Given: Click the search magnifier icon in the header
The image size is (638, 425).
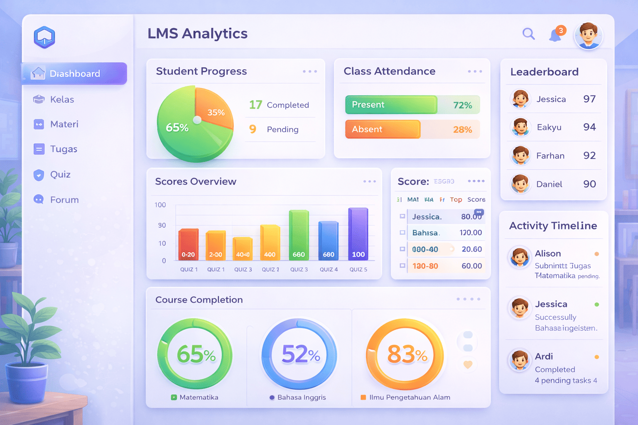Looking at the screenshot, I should (528, 34).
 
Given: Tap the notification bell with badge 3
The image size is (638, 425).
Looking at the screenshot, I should (555, 35).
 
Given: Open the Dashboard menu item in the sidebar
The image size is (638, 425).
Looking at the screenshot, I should (74, 73).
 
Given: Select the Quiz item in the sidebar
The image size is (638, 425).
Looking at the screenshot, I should (60, 174).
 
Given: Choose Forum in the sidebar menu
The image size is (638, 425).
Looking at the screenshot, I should (64, 200).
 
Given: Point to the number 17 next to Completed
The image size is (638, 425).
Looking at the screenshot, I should (255, 105).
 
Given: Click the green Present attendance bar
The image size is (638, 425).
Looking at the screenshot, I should (390, 105).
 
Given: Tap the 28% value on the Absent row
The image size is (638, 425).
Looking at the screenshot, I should (462, 129).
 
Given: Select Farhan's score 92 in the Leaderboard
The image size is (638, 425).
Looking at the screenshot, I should (589, 155).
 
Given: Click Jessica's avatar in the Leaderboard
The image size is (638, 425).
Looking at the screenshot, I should (520, 99).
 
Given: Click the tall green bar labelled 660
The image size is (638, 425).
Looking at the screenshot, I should (299, 235).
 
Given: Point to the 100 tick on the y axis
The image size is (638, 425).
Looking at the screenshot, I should (160, 205).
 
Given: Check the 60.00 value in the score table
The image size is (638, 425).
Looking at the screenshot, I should (471, 266).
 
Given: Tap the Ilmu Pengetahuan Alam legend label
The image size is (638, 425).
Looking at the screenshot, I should (410, 397).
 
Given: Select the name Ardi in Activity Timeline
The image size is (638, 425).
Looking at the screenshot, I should (544, 356).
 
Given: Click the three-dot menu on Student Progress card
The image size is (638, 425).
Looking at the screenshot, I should (310, 71).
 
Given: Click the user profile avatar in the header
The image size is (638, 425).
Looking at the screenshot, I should (588, 35).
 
